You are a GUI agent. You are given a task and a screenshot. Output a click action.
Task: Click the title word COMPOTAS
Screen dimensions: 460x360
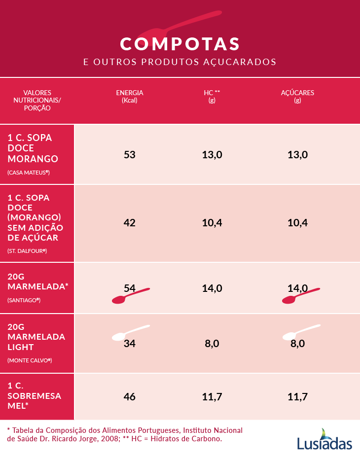coord(180,43)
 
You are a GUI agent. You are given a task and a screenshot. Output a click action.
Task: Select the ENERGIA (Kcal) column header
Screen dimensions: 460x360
coord(130,96)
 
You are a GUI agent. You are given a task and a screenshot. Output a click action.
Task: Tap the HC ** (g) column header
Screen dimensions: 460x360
coord(212,96)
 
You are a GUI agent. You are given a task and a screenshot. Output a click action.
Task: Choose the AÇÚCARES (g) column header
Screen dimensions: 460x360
coord(297,96)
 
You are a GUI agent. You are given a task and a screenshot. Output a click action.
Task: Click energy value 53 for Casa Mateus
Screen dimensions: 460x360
coord(130,154)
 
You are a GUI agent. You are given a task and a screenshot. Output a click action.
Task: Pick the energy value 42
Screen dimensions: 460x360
coord(130,222)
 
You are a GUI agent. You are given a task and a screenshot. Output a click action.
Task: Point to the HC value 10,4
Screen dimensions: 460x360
coord(212,222)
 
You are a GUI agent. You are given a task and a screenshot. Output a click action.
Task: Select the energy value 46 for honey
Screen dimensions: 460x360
coord(130,396)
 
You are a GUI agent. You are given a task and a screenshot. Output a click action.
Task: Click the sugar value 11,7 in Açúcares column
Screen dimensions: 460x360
coord(297,396)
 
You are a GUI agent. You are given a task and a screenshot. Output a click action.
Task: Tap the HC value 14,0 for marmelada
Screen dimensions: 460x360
coord(212,288)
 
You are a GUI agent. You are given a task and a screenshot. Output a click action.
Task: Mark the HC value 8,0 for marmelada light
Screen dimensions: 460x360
coord(212,344)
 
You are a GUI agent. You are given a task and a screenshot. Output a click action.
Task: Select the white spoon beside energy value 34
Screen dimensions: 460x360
coord(129,333)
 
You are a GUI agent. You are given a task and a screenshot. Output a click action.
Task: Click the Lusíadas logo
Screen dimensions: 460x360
coord(324,440)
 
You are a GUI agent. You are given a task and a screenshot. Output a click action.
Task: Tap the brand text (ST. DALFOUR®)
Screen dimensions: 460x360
coord(27,251)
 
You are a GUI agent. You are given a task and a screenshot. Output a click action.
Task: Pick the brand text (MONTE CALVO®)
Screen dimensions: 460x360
coord(30,360)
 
